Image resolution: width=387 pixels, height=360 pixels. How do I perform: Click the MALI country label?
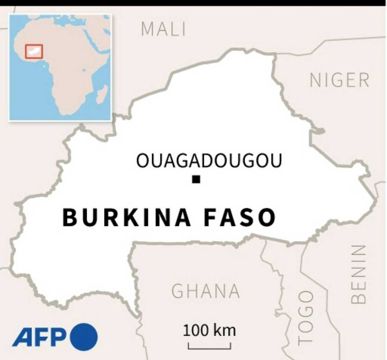pos(163,29)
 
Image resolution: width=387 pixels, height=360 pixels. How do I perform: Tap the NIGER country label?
pos(339,81)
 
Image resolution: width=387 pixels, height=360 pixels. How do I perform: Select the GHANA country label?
pos(206,291)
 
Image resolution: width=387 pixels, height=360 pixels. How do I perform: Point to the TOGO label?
pos(305,317)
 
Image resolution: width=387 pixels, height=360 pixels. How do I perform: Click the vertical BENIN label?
pos(358,274)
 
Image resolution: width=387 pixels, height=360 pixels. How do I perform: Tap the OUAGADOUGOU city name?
pos(209,160)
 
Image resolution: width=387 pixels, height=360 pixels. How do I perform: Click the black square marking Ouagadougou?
pos(196,179)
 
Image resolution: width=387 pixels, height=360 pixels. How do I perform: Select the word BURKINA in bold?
pos(126,218)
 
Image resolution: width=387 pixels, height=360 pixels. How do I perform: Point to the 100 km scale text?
pos(209,331)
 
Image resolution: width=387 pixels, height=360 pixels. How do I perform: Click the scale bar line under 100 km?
pos(209,347)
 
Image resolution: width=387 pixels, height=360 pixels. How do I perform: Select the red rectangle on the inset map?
pos(34,52)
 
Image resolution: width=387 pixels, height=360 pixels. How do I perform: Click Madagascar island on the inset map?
pos(102,94)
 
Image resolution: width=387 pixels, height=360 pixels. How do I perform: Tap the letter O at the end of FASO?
pos(267,218)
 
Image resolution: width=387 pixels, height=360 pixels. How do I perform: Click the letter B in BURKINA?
pos(70,218)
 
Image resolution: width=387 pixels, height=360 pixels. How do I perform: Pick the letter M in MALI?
pos(147,29)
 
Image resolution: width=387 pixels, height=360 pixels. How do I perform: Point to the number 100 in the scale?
pos(196,331)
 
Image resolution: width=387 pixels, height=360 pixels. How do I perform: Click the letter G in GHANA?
pos(178,291)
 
